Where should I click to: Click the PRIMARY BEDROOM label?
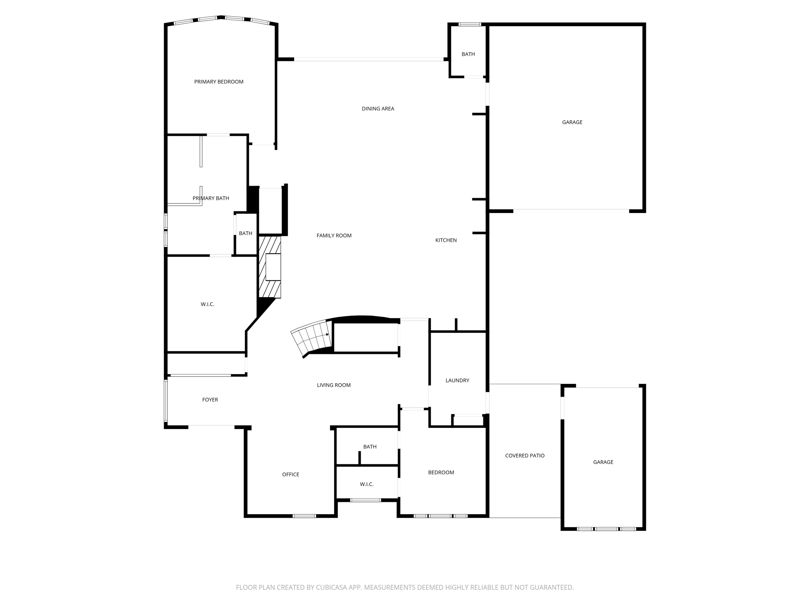click(219, 82)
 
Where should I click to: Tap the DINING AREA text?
click(378, 109)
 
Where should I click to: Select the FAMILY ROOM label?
click(334, 236)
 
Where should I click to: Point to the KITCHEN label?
click(446, 240)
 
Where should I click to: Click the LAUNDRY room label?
click(457, 380)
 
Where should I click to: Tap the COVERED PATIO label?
click(524, 456)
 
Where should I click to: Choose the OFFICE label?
click(290, 475)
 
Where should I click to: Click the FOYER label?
click(210, 400)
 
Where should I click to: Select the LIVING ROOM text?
click(333, 385)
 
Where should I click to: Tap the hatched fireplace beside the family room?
click(269, 267)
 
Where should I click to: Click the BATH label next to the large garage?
click(468, 54)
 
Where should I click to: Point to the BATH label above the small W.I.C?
click(370, 447)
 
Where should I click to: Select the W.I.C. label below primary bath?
click(207, 304)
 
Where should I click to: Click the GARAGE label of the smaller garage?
click(603, 462)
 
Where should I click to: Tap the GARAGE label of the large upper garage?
click(572, 122)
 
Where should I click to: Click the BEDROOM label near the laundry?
click(441, 473)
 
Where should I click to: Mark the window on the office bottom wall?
click(304, 516)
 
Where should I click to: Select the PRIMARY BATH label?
click(210, 198)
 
